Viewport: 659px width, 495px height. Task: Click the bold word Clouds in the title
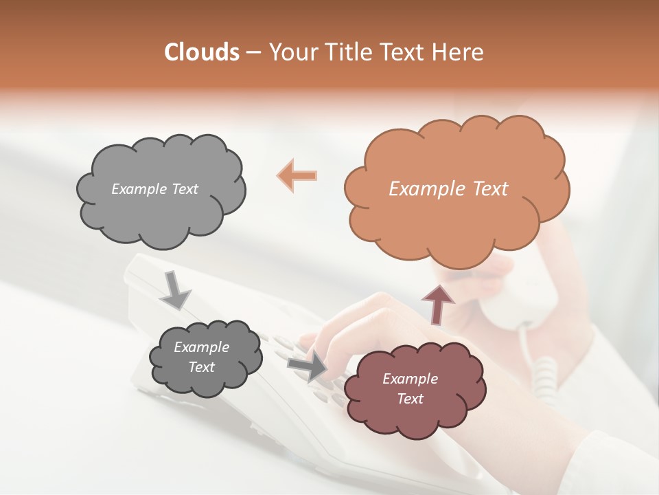point(203,52)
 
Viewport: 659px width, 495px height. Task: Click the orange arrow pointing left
point(297,175)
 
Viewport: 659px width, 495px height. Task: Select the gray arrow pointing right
point(307,366)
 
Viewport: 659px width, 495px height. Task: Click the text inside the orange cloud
point(448,189)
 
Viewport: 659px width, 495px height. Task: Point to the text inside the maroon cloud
point(410,388)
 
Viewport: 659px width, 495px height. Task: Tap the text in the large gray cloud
point(154,189)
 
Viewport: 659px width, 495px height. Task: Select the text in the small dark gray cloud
point(201,357)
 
